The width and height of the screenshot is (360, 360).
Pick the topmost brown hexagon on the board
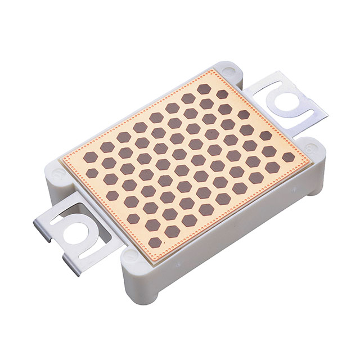point(204,88)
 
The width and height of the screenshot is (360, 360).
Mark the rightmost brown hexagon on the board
point(288,157)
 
